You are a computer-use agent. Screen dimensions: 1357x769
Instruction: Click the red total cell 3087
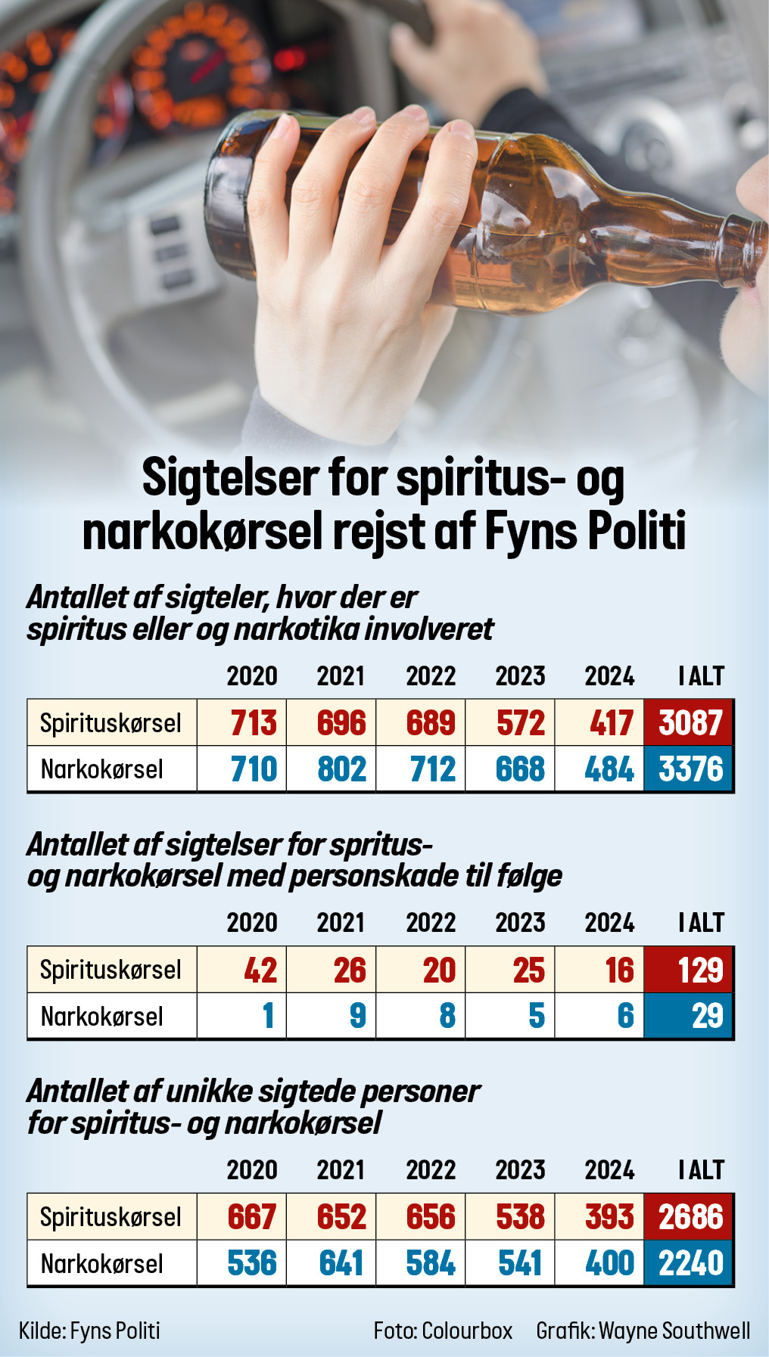[689, 723]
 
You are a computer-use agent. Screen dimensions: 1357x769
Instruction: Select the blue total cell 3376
[689, 769]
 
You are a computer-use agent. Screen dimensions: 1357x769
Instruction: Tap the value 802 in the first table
[341, 769]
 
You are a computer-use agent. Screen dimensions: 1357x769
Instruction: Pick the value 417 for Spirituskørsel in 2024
[610, 723]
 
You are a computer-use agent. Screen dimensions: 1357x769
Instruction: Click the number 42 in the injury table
[260, 970]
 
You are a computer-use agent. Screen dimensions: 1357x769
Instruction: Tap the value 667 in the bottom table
[252, 1217]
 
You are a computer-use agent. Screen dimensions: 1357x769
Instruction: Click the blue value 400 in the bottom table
[609, 1263]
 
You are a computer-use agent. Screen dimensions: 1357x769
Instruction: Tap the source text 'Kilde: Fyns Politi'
[89, 1331]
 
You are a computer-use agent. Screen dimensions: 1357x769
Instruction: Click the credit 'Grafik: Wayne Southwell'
[643, 1331]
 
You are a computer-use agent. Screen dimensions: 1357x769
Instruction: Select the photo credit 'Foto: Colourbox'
[443, 1331]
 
